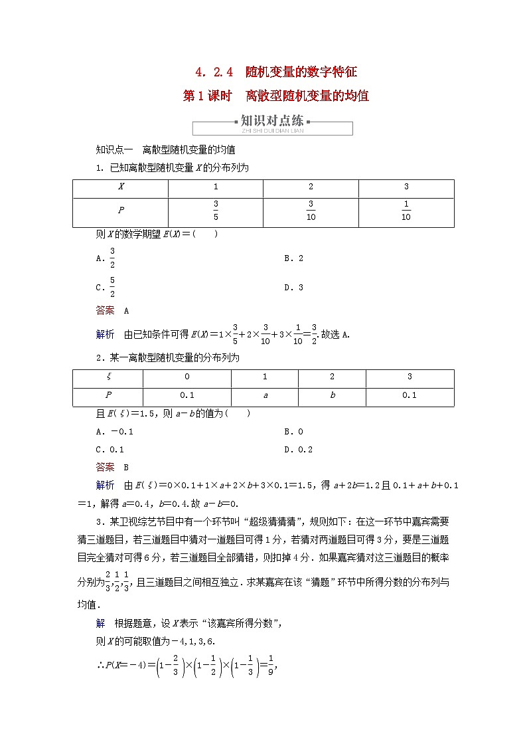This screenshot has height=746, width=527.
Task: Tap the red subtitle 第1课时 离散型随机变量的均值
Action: pyautogui.click(x=276, y=96)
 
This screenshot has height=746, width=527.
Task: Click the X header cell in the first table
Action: pyautogui.click(x=121, y=188)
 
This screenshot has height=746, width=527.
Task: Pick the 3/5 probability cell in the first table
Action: pyautogui.click(x=216, y=211)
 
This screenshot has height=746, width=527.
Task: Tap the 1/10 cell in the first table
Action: pyautogui.click(x=406, y=211)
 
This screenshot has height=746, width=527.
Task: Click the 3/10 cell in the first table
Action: pyautogui.click(x=311, y=211)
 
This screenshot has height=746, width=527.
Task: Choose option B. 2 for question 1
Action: pyautogui.click(x=293, y=258)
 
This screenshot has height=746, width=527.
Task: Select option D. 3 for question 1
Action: pyautogui.click(x=293, y=288)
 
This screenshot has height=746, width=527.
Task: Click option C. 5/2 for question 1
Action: pyautogui.click(x=107, y=288)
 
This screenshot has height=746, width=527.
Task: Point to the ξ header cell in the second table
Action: pyautogui.click(x=108, y=377)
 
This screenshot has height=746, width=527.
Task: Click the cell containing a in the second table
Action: pyautogui.click(x=265, y=395)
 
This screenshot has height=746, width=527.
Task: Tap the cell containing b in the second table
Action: pyautogui.click(x=332, y=395)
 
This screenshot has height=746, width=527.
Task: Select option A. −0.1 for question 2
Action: pyautogui.click(x=115, y=432)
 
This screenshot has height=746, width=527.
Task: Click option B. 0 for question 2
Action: pyautogui.click(x=293, y=432)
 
